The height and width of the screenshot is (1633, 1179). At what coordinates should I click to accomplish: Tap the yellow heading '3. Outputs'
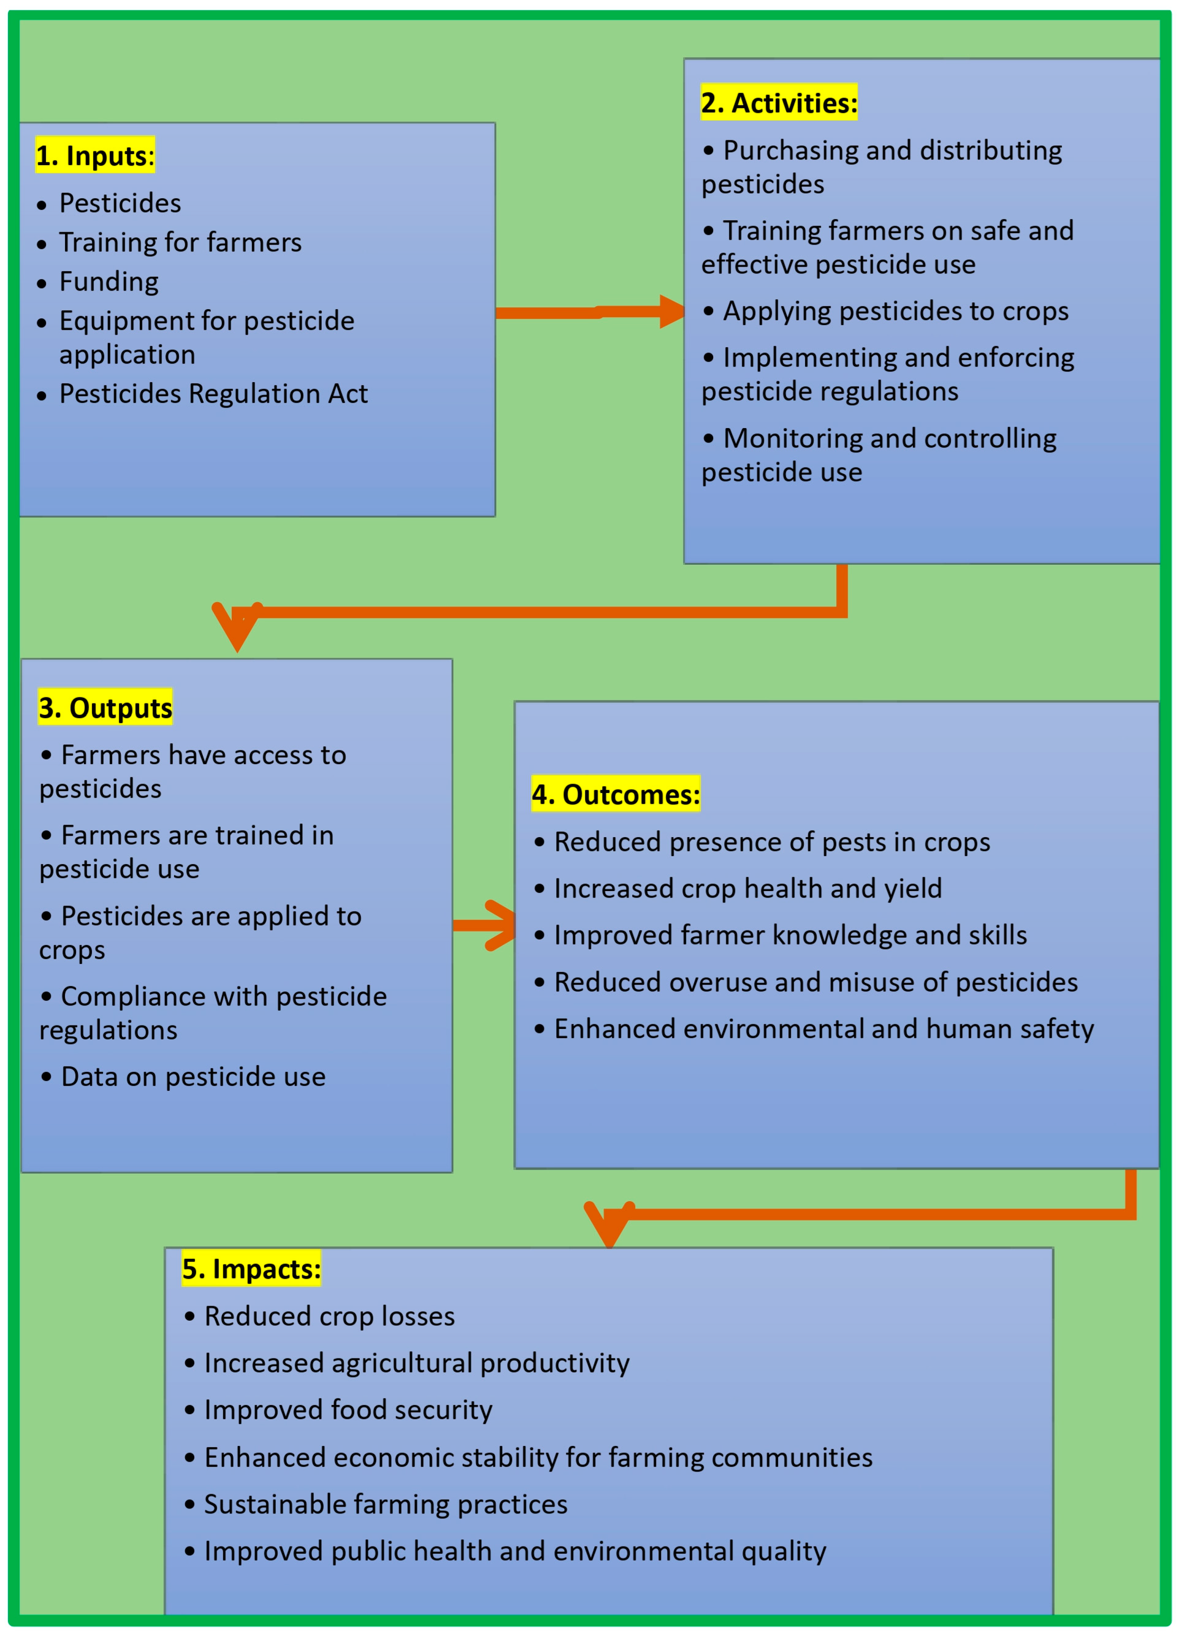105,708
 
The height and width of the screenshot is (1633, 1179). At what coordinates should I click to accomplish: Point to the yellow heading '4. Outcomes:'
615,794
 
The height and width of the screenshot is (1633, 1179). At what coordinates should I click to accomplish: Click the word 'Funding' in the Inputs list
109,281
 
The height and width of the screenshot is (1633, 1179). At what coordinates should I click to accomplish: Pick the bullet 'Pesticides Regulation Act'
213,394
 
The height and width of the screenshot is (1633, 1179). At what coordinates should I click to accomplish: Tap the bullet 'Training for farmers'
180,243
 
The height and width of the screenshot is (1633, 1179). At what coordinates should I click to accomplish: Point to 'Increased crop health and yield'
747,889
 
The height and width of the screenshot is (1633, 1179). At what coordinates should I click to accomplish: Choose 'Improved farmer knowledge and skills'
790,935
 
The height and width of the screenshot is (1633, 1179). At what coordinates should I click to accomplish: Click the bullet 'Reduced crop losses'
329,1316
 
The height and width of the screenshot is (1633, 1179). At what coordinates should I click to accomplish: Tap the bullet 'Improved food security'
348,1410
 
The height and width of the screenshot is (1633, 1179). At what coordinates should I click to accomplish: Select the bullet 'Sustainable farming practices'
385,1504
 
